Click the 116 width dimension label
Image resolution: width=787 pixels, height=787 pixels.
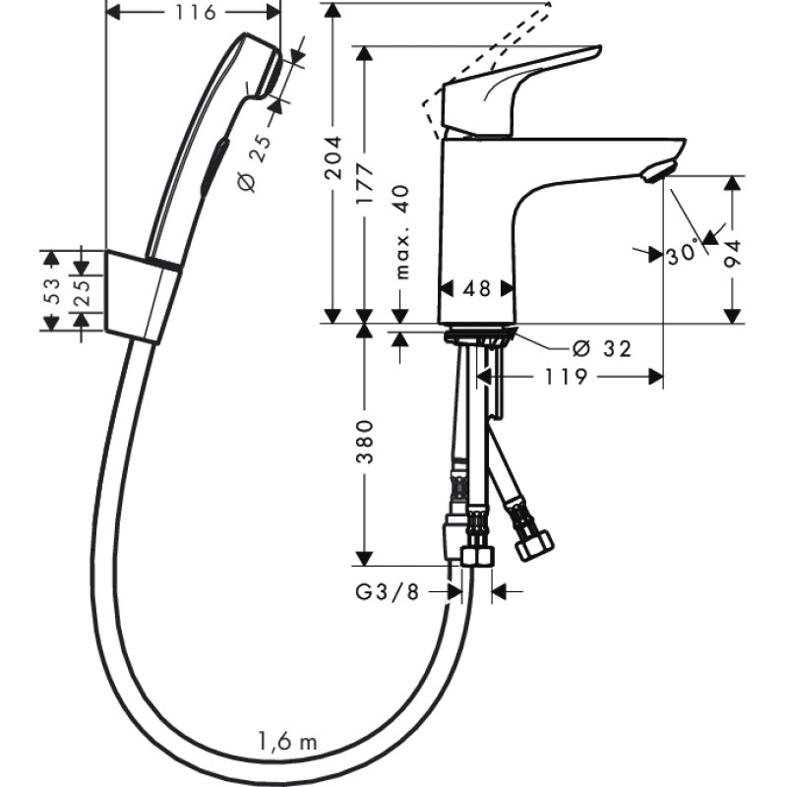coord(193,12)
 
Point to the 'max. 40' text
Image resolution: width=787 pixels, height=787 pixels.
coord(400,232)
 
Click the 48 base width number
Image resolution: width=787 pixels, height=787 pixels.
coord(476,288)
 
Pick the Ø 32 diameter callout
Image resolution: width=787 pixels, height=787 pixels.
coord(601,347)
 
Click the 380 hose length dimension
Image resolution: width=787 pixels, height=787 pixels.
coord(366,446)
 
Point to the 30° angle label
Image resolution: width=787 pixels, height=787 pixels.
coord(681,254)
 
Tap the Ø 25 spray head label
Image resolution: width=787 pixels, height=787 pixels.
coord(255,161)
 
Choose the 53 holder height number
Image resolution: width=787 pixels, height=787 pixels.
coord(52,290)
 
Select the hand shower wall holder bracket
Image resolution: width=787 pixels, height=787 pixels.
coord(142,296)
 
